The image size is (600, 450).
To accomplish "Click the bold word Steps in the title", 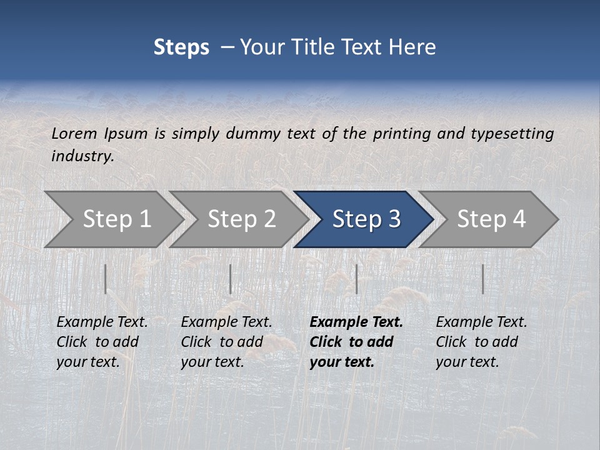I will tap(181, 47).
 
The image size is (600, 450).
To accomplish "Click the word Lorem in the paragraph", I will tap(74, 133).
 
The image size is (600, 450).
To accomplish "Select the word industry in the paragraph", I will tap(82, 156).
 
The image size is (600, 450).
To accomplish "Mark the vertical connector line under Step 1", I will tap(106, 279).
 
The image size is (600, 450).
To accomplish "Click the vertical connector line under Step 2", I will tap(231, 279).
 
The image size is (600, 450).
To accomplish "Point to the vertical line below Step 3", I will tap(356, 279).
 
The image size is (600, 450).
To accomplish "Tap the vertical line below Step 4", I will tap(482, 279).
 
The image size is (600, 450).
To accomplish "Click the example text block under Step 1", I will tap(102, 342).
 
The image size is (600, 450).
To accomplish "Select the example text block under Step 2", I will tap(226, 342).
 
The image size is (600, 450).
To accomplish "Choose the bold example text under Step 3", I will tap(356, 342).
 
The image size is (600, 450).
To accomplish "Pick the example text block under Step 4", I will tap(481, 342).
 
